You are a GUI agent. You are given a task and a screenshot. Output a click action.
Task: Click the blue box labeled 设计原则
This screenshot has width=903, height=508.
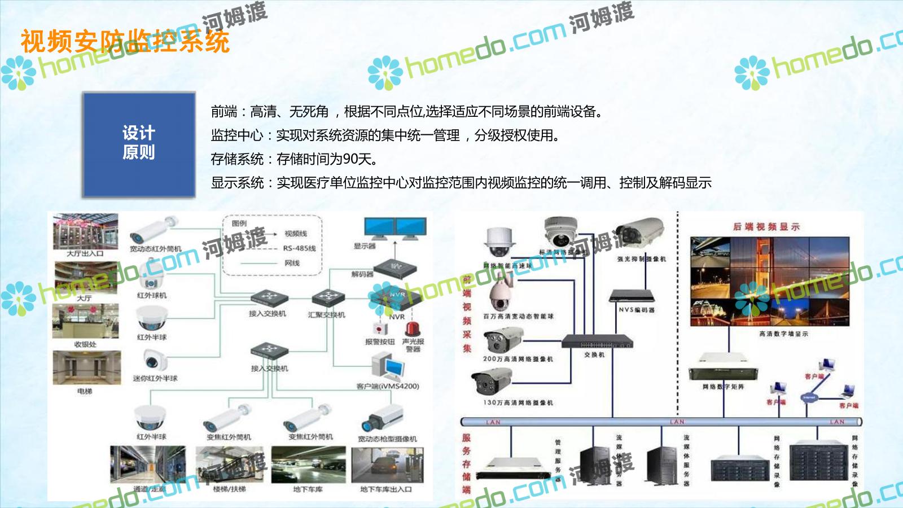pyautogui.click(x=139, y=144)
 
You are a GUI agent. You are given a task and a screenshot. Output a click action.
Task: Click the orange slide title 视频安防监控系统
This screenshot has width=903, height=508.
pyautogui.click(x=125, y=41)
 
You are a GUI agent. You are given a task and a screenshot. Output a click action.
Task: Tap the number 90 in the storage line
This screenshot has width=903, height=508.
pyautogui.click(x=350, y=159)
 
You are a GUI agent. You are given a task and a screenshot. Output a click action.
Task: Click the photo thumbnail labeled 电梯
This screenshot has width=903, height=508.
pyautogui.click(x=86, y=368)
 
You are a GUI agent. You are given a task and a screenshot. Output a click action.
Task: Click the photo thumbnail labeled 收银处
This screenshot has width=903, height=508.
pyautogui.click(x=86, y=321)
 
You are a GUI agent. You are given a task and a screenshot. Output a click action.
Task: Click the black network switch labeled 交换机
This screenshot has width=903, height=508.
pyautogui.click(x=597, y=341)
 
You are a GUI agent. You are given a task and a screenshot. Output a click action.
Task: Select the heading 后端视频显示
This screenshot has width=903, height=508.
pyautogui.click(x=766, y=227)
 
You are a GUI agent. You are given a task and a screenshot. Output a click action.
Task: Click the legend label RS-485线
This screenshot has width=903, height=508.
pyautogui.click(x=300, y=248)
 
